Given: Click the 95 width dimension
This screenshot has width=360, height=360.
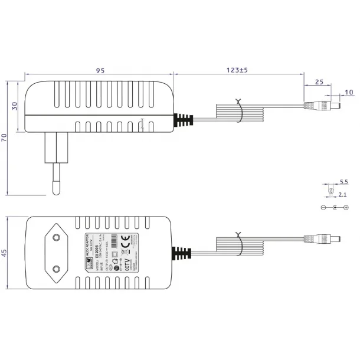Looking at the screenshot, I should click(100, 70).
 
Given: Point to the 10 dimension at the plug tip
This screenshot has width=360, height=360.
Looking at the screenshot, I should click(348, 92).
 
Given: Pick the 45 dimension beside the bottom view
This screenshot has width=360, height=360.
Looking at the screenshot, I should click(5, 253).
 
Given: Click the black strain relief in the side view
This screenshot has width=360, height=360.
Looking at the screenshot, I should click(184, 120).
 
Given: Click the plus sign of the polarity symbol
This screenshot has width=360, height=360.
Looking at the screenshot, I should click(346, 207).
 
